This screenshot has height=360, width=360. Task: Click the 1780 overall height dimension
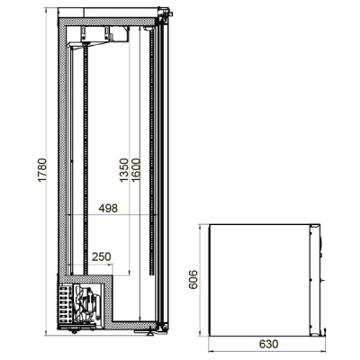point(42,170)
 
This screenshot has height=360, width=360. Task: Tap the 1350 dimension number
point(124,170)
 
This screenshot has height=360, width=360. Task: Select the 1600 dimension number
point(136,170)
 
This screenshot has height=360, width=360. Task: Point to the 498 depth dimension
point(108,208)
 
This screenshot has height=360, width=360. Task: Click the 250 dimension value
point(102,256)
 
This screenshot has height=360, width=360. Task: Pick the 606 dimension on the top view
point(193,279)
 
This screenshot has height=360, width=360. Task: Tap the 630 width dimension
point(268,344)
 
